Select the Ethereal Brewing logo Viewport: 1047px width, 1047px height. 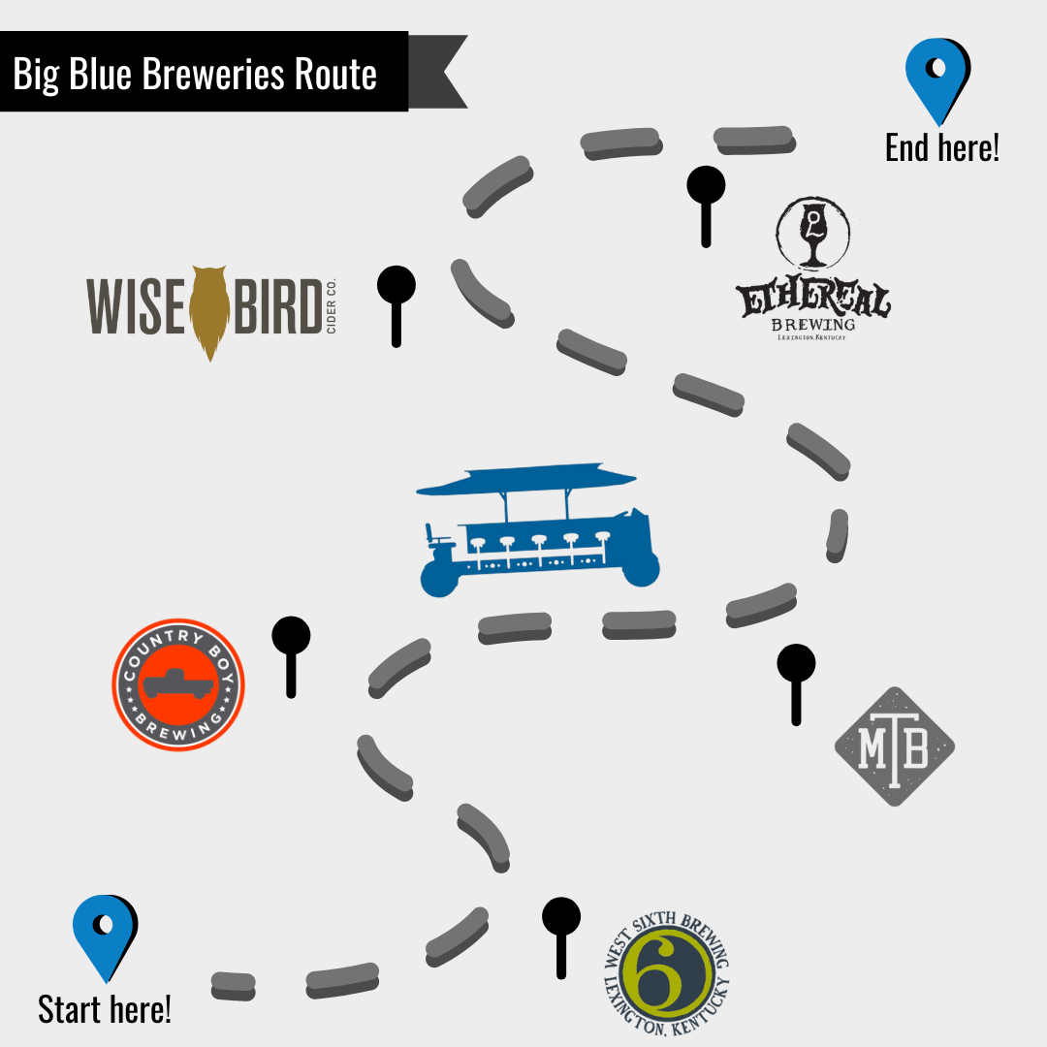pyautogui.click(x=812, y=270)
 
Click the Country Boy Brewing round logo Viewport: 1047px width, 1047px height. pyautogui.click(x=177, y=684)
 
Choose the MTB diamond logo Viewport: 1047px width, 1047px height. pyautogui.click(x=894, y=746)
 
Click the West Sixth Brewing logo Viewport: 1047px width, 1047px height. pyautogui.click(x=665, y=973)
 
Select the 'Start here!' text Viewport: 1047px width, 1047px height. pyautogui.click(x=105, y=1009)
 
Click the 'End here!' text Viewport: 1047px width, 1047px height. pyautogui.click(x=941, y=147)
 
